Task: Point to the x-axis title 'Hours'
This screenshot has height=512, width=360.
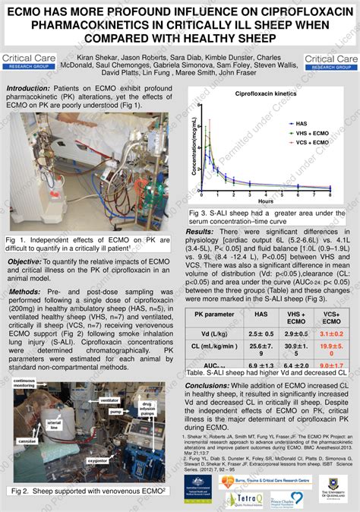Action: (x=265, y=201)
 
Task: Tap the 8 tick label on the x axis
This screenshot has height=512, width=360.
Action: (x=330, y=194)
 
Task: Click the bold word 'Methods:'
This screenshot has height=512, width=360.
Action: (x=24, y=291)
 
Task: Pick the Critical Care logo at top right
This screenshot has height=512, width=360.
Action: (x=330, y=62)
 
